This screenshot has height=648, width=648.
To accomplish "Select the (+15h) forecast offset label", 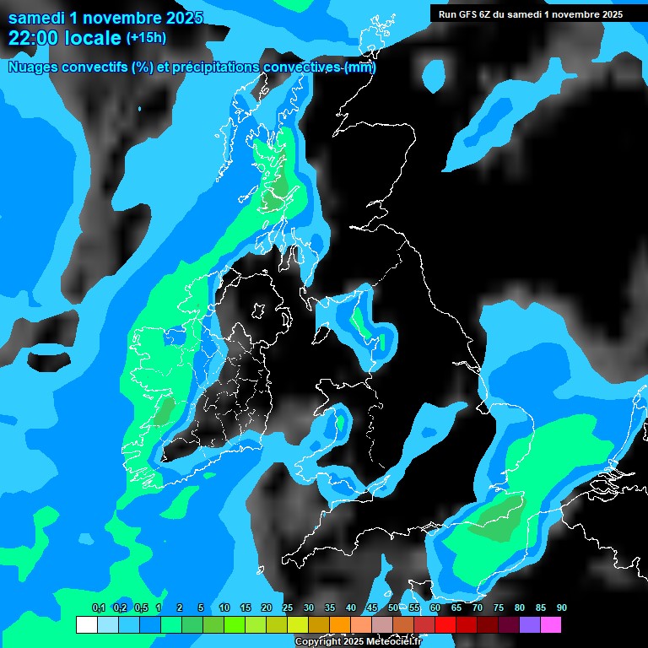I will tap(146, 38).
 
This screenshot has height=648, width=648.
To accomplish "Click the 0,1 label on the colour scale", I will tap(99, 608).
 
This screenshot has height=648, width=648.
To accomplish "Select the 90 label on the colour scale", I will tap(561, 608).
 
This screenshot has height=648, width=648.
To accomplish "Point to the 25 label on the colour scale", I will tap(287, 608).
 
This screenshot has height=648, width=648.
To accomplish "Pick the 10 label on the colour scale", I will tap(224, 608).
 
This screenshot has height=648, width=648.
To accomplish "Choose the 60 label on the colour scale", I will tap(435, 608).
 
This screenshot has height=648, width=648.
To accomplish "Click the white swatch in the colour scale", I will tap(86, 624).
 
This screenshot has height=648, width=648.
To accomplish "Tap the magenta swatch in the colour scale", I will tap(550, 624).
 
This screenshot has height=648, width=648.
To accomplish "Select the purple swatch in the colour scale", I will tap(529, 624).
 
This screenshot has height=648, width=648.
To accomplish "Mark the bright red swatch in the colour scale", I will tap(445, 624).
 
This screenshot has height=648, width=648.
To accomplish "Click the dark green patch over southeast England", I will tap(499, 516).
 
